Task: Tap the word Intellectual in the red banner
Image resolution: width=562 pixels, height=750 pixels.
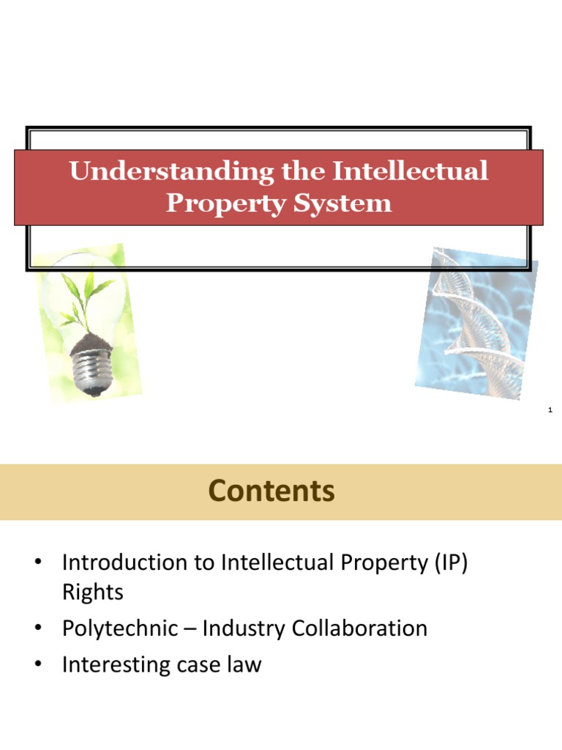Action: click(x=411, y=172)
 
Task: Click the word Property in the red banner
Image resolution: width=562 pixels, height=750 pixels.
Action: click(x=225, y=203)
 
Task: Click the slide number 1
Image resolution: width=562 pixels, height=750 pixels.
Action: click(x=550, y=412)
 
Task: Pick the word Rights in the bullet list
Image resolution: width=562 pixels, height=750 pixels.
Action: click(x=93, y=593)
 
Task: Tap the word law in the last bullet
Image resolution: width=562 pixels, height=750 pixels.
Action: click(x=244, y=664)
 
